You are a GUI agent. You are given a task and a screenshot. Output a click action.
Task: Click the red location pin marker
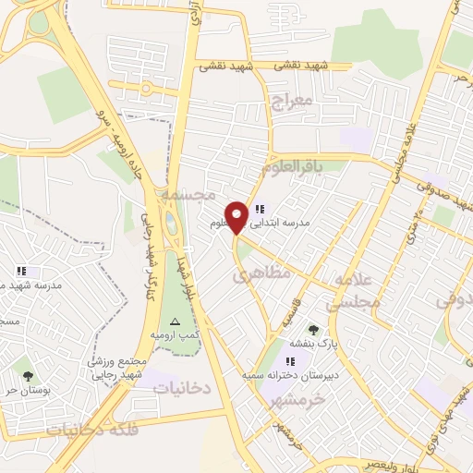click(x=237, y=216)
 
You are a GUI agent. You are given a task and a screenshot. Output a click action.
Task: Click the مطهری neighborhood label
click(x=261, y=273)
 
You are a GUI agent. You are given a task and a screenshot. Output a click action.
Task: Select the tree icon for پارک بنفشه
click(x=313, y=330)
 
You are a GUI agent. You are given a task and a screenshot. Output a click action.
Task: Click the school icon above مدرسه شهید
click(x=20, y=272)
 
